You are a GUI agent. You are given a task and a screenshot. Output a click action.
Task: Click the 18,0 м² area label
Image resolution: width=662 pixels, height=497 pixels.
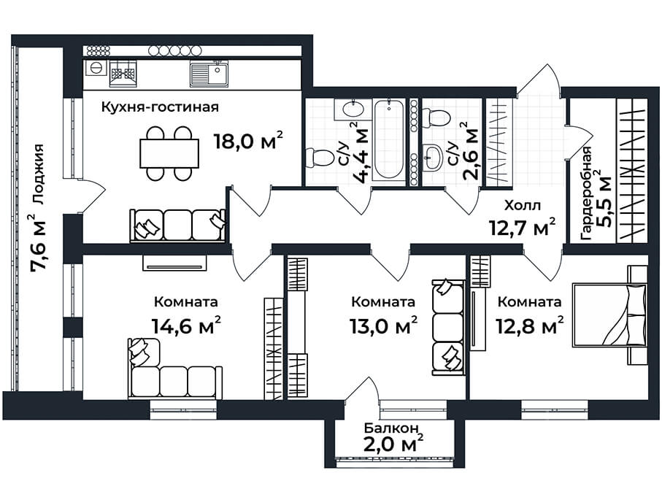coord(248,141)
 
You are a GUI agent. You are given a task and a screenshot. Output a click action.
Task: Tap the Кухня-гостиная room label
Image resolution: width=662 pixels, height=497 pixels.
coord(160,107)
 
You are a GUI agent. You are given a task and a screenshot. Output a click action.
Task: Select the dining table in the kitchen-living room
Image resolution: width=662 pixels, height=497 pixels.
coord(169,153)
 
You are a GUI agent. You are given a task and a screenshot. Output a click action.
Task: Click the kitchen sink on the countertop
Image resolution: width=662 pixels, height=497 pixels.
coord(209,74)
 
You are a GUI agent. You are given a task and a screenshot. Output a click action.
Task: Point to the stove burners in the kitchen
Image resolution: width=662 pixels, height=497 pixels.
coord(123,74)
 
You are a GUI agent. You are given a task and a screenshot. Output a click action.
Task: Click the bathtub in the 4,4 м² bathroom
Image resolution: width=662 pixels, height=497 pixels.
coord(389,139)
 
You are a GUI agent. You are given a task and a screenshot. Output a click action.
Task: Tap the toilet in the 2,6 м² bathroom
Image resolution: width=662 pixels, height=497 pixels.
coord(436,117)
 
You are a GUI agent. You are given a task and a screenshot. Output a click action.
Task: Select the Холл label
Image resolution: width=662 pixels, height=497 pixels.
coord(523,206)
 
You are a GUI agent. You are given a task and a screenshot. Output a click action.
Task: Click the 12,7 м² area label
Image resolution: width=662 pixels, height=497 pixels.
coord(523,228)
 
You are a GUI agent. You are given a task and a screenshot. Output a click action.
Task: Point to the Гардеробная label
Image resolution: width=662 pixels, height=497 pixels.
coord(586,194)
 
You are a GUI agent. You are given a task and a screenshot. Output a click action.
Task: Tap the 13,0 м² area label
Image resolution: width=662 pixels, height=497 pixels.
coord(384,326)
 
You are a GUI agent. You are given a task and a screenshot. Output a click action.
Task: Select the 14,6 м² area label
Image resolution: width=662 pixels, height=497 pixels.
coord(186,326)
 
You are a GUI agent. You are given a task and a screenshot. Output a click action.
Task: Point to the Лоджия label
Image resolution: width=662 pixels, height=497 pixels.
coord(38,174)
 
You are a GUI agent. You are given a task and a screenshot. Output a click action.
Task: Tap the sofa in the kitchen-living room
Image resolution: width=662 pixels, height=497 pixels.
coord(177,225)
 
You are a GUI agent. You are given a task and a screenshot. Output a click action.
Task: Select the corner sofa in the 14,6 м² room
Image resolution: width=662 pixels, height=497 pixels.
coord(174,369)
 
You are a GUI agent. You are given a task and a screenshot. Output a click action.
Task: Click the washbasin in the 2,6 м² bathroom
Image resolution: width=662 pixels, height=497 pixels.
coord(431,157)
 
